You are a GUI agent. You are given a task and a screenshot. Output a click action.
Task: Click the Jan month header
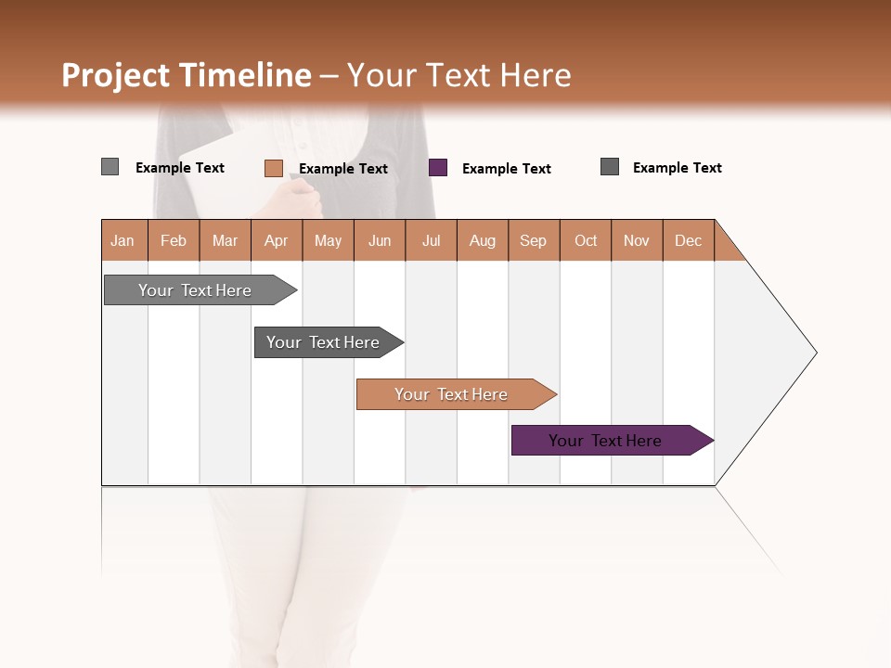(123, 240)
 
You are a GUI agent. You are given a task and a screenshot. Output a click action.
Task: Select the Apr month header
(277, 240)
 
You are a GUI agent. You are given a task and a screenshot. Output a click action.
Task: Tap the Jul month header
(431, 240)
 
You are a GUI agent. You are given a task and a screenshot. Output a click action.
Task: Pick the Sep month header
(534, 240)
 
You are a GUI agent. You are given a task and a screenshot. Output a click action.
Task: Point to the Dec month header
(688, 240)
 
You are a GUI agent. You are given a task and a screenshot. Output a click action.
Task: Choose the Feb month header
(174, 240)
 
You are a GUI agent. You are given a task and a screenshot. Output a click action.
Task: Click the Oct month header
(586, 240)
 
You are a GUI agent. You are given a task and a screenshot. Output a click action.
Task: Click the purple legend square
(438, 168)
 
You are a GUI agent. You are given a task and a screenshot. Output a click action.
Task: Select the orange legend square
(273, 168)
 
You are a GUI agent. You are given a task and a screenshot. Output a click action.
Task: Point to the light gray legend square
(110, 167)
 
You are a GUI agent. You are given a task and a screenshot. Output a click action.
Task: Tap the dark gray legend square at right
(610, 167)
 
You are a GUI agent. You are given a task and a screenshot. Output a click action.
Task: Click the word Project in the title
(116, 75)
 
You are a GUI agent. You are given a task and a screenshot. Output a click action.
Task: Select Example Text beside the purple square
(507, 169)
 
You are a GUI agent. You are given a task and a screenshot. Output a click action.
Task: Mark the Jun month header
(380, 240)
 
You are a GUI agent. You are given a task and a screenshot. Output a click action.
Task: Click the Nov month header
(637, 240)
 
